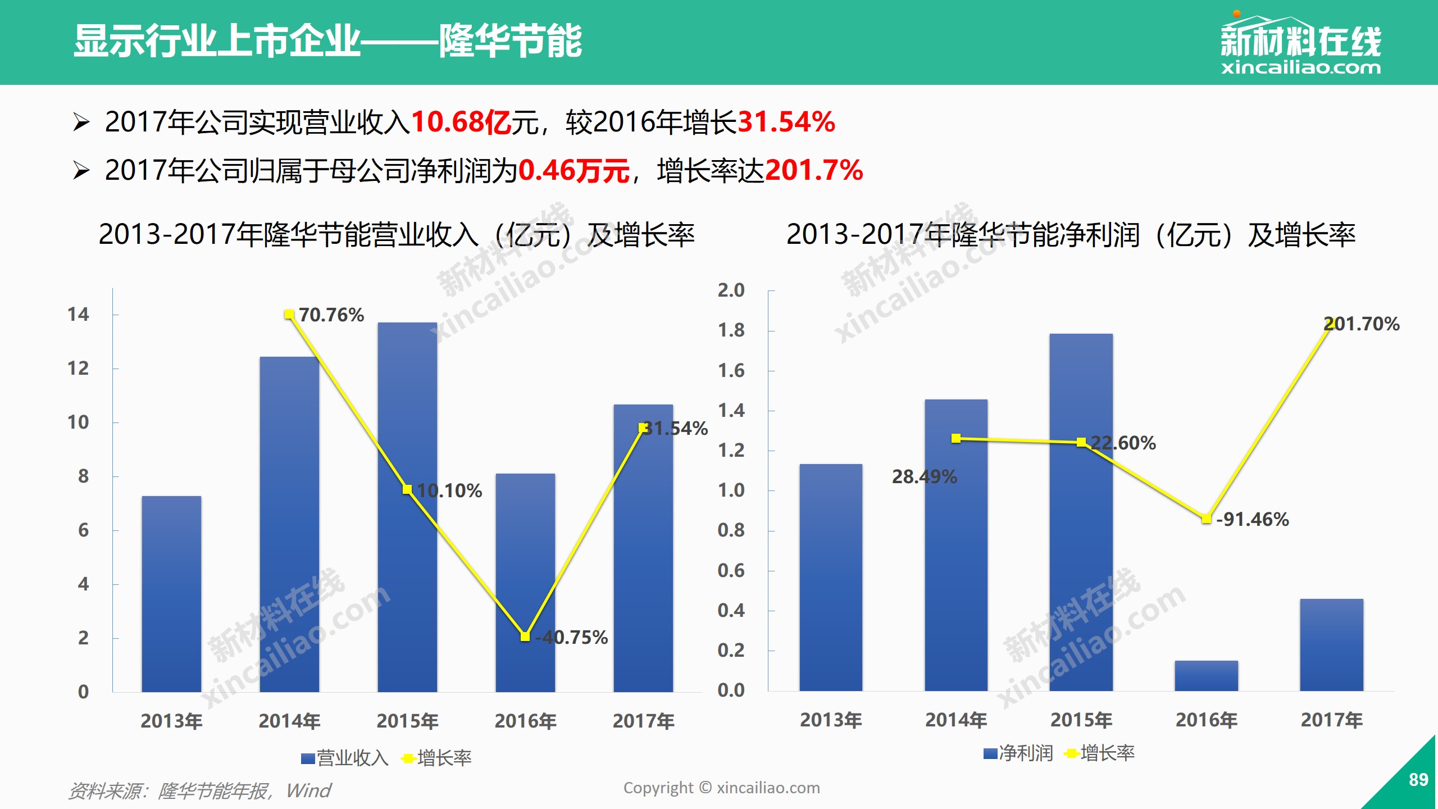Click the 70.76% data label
[x=331, y=315]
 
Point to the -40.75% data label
[x=571, y=638]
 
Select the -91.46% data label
[x=1252, y=520]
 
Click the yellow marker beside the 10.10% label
[x=407, y=489]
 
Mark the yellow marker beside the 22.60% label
[x=1081, y=442]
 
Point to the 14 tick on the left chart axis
[x=78, y=315]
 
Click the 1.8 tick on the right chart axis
[x=731, y=330]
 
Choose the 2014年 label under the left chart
[x=289, y=721]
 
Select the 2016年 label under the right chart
[x=1206, y=720]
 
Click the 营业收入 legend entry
[x=345, y=758]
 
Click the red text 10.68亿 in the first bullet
[x=461, y=122]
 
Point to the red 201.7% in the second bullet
[x=814, y=170]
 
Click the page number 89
[x=1418, y=780]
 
